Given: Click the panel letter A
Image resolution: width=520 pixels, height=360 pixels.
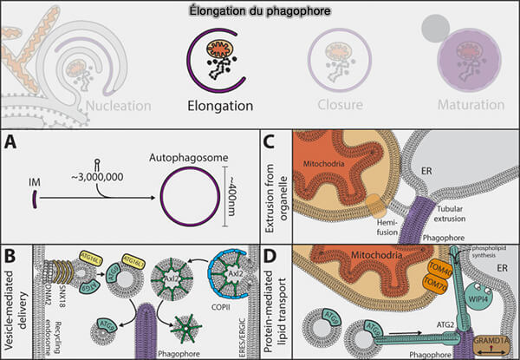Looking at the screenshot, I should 12,142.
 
